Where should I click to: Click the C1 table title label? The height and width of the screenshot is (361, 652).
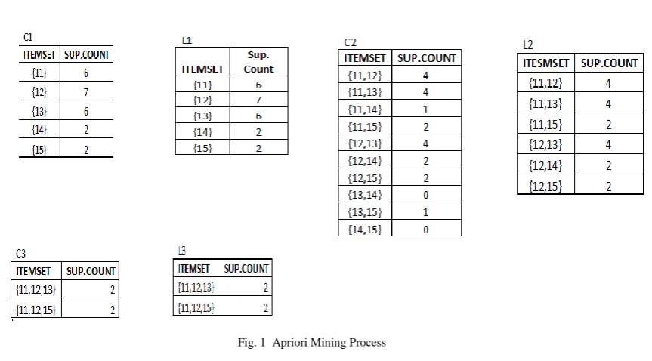pos(28,37)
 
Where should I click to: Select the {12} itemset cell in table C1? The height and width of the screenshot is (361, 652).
pos(39,91)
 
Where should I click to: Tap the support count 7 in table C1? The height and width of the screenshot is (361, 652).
pos(86,91)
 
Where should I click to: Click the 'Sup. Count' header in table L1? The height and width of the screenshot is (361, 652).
pos(258,62)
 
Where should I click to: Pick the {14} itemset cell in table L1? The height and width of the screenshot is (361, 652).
pos(202,132)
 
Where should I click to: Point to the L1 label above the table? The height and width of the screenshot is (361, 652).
pos(187,40)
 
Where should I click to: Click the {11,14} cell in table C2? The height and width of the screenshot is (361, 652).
pos(365,110)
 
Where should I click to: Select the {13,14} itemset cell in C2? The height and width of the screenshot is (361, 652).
pos(365,195)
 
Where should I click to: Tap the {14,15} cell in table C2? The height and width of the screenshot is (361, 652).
pos(365,230)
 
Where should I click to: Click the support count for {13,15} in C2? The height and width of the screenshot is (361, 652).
pos(425,212)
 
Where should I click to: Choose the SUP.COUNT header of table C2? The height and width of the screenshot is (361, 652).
pos(427,58)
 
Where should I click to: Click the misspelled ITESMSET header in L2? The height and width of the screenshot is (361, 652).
pos(545,63)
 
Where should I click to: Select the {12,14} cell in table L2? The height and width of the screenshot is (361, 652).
pos(545,165)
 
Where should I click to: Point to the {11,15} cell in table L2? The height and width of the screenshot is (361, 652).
pos(545,125)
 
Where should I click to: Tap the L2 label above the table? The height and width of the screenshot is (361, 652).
pos(527,45)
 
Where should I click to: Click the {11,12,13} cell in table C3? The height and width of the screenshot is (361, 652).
pos(36,289)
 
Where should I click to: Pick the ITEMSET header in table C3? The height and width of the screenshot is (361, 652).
pos(33,271)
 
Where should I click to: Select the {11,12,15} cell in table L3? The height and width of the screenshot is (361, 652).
pos(196,308)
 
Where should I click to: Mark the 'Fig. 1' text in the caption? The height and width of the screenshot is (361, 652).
pos(251,343)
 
